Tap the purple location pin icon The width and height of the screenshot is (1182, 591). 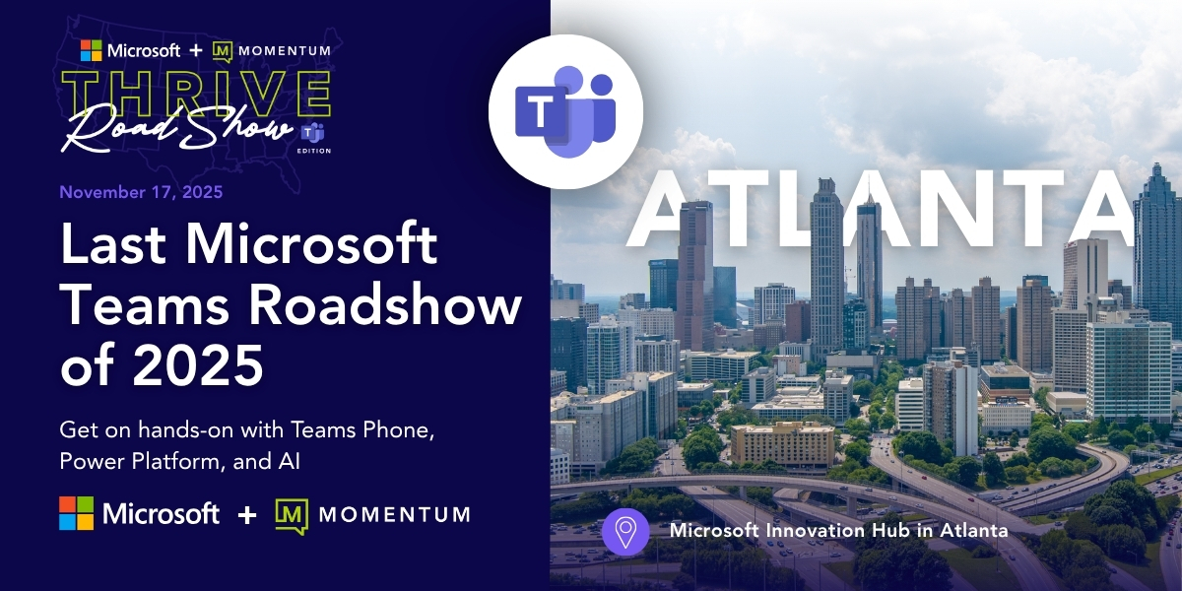coord(625,531)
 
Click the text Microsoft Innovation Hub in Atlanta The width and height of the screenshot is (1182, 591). coord(838,530)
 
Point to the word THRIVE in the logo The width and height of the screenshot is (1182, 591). coord(196,95)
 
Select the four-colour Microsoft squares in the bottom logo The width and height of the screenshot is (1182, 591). coord(77,513)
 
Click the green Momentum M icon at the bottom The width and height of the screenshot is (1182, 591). coord(292,514)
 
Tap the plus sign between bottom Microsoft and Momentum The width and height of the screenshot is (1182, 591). coord(247,514)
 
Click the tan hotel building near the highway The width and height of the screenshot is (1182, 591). coord(782,445)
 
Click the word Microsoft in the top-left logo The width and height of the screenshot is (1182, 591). coord(144,49)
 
